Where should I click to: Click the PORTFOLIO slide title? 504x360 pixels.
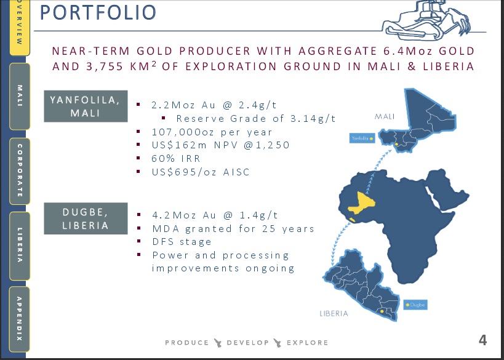coord(98,12)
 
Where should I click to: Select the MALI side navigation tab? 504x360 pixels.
coord(20,96)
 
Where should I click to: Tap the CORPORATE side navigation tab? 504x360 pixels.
coord(20,171)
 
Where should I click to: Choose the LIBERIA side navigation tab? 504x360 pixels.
coord(20,246)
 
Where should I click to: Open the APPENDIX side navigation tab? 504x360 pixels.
coord(20,319)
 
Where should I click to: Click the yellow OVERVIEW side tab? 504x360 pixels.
coord(20,27)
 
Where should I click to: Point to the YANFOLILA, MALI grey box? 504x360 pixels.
coord(86,106)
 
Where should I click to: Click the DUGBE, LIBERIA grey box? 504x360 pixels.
coord(86,218)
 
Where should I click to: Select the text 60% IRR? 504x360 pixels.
coord(176,159)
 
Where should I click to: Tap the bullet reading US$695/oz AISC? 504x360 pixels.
coord(201,172)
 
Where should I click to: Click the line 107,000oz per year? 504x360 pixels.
coord(212,132)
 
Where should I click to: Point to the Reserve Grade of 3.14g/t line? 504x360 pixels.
coord(256,119)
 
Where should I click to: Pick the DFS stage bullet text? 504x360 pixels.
coord(182,242)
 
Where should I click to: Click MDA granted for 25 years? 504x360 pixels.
coord(233,228)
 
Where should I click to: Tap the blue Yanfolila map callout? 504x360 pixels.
coord(362,138)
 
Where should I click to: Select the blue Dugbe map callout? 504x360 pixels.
coord(415,305)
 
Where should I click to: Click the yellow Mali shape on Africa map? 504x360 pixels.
coord(362,203)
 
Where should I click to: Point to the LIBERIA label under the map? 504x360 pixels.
coord(334,313)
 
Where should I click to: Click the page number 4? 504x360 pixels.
coord(483,340)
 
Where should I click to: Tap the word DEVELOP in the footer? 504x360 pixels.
coord(248,343)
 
